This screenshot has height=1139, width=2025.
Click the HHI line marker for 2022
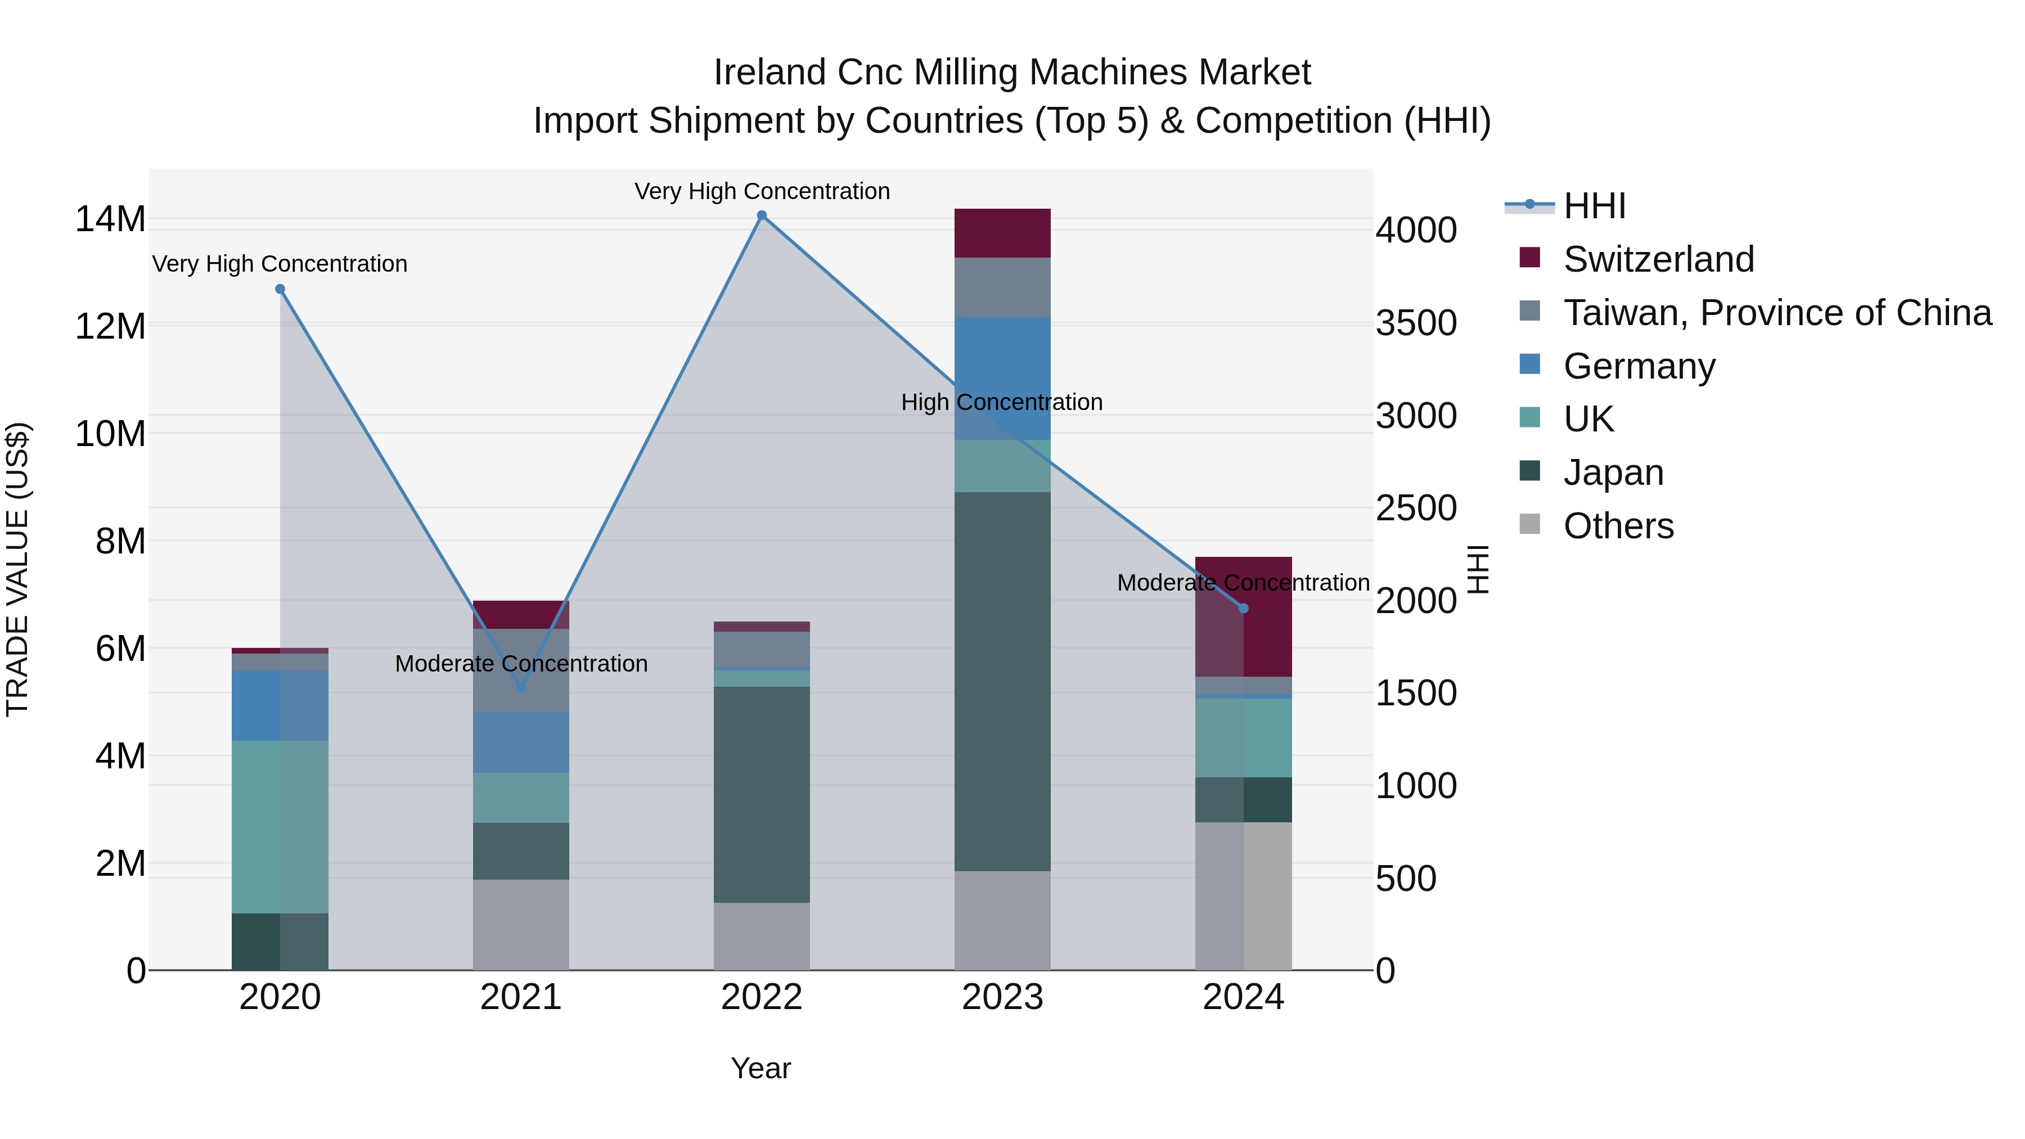(x=761, y=215)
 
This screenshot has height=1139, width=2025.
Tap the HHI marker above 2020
(x=280, y=289)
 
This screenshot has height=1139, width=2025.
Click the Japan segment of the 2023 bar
(x=1002, y=681)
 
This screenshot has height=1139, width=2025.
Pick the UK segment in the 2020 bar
(x=280, y=826)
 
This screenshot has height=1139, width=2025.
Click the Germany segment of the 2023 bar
(x=1002, y=378)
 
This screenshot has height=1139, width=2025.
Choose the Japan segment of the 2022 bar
(x=761, y=794)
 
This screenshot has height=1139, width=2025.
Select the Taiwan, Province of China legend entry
(x=1776, y=313)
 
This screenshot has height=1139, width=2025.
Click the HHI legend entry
(x=1594, y=206)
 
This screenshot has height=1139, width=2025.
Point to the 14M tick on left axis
(x=110, y=219)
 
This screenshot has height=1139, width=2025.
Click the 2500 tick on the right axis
(x=1416, y=508)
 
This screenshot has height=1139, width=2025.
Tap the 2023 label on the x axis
(x=1002, y=997)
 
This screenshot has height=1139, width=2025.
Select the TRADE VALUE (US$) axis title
(x=18, y=569)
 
